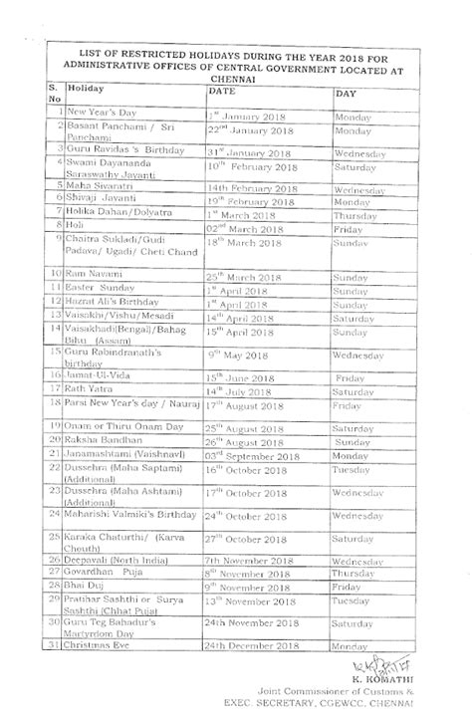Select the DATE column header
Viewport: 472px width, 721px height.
coord(223,90)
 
